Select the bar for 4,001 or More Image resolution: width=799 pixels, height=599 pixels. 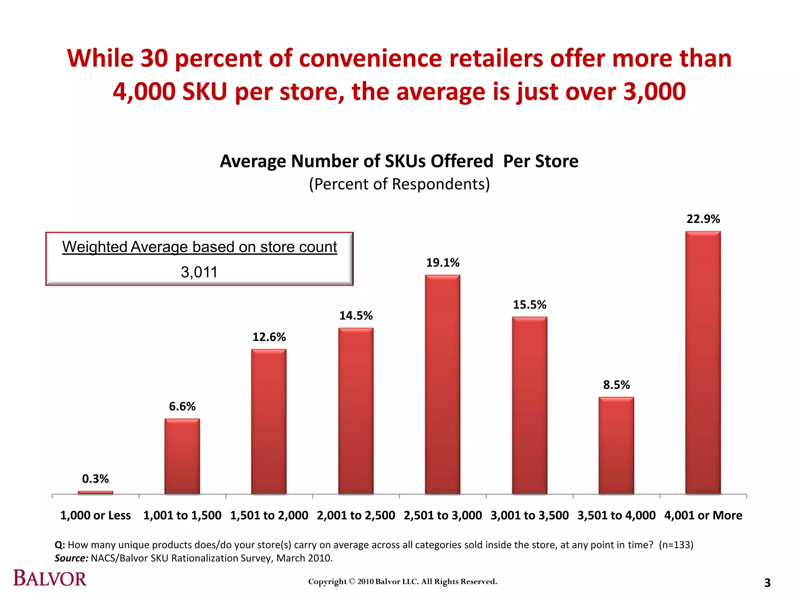tap(703, 363)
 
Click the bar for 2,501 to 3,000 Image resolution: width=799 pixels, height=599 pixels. tap(442, 385)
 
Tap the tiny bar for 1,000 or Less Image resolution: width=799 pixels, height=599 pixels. tap(96, 492)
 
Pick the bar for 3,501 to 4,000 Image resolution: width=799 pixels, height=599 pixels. tap(616, 445)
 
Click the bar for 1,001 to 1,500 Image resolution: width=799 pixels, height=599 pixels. tap(182, 456)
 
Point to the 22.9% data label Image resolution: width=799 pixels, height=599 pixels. tap(703, 219)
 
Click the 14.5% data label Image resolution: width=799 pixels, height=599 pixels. tap(356, 315)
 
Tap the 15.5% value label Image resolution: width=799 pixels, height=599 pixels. tap(529, 305)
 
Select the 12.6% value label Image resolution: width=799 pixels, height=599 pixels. tap(269, 337)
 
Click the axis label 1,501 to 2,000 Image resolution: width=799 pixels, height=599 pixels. tap(269, 515)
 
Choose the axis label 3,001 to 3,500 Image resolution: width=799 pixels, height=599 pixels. tap(529, 515)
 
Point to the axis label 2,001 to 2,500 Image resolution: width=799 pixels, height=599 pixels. tap(356, 515)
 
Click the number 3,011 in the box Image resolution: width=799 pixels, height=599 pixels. tap(199, 272)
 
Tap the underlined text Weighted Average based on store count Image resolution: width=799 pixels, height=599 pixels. tap(199, 247)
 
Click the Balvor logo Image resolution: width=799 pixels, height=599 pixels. tap(50, 578)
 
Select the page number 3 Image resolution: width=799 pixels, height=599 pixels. tap(767, 583)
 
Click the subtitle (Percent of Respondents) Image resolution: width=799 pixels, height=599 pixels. tap(399, 184)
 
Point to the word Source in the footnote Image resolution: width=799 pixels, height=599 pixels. tap(71, 558)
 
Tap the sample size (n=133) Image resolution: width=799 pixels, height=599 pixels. tap(676, 545)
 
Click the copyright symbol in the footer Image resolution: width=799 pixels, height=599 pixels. tap(352, 581)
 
